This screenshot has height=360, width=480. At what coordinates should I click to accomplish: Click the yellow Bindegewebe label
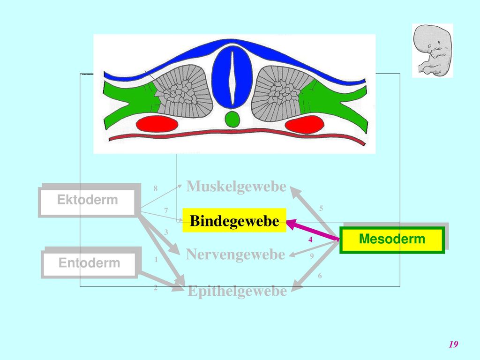234,220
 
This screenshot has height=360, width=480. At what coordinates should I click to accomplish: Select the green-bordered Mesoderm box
392,240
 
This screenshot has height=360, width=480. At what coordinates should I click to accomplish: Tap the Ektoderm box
88,201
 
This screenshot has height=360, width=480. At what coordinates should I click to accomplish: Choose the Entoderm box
90,263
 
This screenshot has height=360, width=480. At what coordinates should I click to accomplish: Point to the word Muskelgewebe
236,186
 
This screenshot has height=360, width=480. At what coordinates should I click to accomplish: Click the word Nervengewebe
235,255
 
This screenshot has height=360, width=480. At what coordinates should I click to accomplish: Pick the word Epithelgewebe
237,291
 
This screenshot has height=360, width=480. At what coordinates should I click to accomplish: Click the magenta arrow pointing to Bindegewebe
313,230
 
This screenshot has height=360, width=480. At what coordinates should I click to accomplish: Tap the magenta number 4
310,240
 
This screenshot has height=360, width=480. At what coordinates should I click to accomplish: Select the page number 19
453,344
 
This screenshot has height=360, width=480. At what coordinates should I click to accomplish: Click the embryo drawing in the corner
432,51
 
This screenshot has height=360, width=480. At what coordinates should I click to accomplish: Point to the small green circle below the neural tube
232,119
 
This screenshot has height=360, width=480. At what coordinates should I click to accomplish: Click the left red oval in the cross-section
157,124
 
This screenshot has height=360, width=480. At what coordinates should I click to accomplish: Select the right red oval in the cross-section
304,125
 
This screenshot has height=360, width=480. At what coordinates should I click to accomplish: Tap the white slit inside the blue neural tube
232,78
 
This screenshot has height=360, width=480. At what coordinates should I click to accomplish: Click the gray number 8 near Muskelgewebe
156,188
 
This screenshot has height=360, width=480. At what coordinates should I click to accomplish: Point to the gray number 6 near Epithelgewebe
320,276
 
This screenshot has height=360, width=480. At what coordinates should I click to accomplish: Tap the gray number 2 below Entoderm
156,288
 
